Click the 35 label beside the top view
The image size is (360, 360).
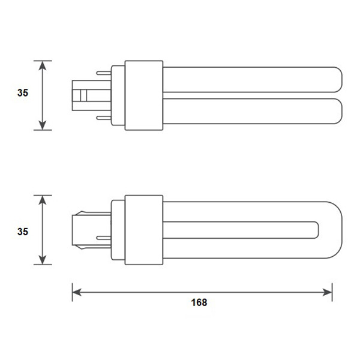22,93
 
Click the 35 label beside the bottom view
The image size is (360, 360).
22,230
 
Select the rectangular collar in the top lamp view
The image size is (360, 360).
144,95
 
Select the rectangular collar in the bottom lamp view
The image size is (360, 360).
144,230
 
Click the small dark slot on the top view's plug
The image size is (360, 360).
82,95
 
